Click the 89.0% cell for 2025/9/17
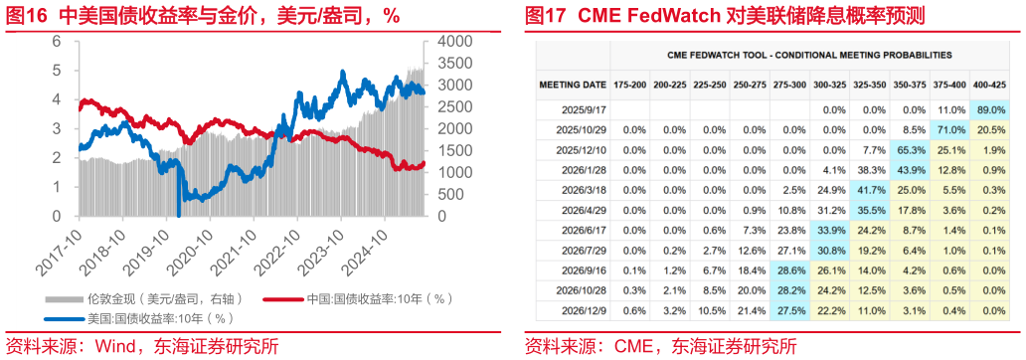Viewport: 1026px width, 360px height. pos(992,110)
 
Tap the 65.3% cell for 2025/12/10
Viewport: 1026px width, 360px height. pos(912,150)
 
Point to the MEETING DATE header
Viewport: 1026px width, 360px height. pos(572,86)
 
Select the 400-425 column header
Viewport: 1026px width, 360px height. pos(992,86)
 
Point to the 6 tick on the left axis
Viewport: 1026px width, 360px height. pos(57,42)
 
